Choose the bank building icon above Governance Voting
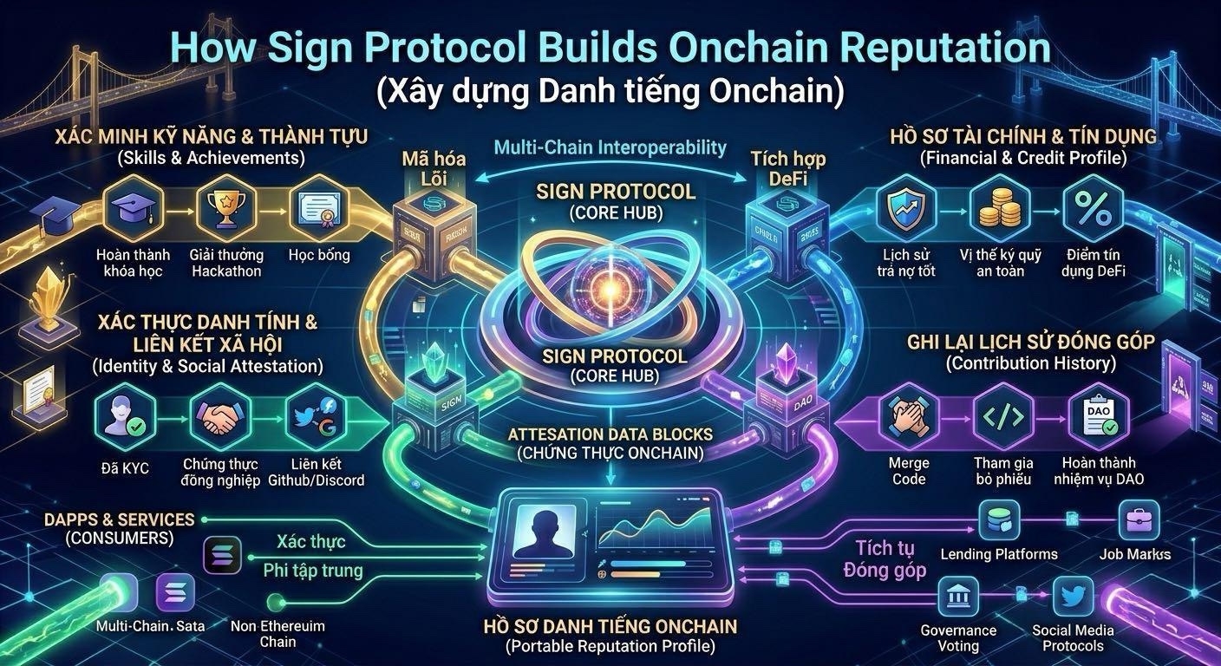[x=957, y=597]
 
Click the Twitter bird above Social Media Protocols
[x=1073, y=597]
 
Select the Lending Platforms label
[x=999, y=554]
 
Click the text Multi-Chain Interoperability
[x=610, y=147]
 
